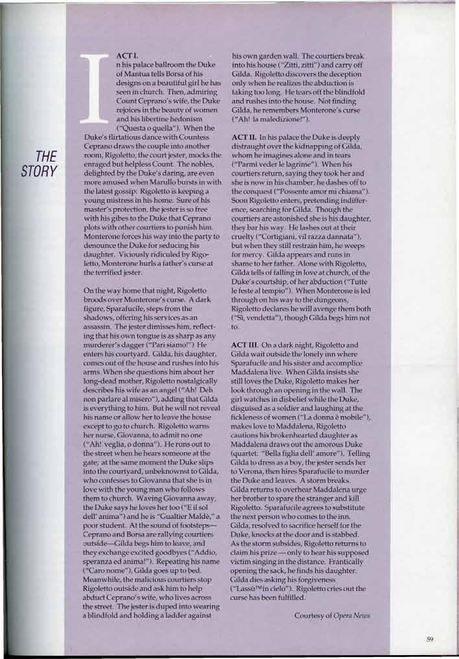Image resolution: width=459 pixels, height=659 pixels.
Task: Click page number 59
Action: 429,640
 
